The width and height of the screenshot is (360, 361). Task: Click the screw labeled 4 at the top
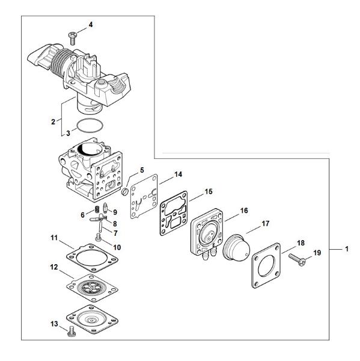click(x=73, y=39)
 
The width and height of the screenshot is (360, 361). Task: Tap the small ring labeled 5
click(x=124, y=191)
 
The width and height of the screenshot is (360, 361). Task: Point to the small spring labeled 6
click(x=97, y=209)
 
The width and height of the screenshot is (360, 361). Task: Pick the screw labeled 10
click(x=99, y=238)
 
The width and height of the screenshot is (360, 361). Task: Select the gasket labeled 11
click(x=92, y=258)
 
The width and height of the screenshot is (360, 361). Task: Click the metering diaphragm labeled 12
click(x=92, y=288)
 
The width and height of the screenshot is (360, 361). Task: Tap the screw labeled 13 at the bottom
click(x=72, y=332)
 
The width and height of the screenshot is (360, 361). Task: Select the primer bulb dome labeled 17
click(x=236, y=248)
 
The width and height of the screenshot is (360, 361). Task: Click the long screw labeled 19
click(x=297, y=259)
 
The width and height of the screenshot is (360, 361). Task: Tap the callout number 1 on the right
click(x=347, y=249)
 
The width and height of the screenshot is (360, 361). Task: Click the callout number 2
click(x=53, y=122)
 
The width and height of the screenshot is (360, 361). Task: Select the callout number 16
click(x=244, y=211)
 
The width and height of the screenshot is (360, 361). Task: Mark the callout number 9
click(x=115, y=212)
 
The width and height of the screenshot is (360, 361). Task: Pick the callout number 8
click(x=115, y=224)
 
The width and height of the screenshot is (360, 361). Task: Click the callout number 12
click(x=54, y=267)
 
